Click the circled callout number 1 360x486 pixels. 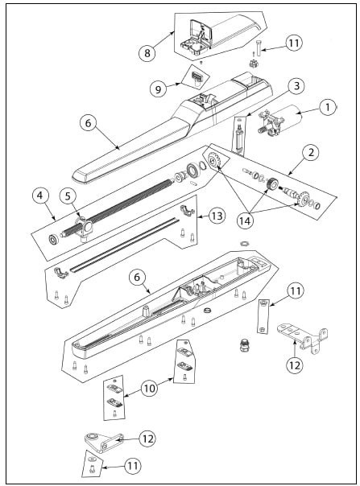tap(327, 107)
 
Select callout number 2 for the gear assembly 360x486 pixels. tap(311, 153)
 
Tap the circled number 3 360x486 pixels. tap(296, 86)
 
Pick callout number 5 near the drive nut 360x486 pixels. tap(68, 197)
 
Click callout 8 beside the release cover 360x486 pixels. tap(147, 53)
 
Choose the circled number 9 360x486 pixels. tap(159, 89)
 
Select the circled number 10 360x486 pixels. tap(150, 388)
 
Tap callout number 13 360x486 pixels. tap(217, 215)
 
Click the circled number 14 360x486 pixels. tap(245, 220)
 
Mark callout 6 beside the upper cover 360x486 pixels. tap(89, 123)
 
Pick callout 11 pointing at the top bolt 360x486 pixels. tap(294, 43)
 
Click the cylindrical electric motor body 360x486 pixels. tap(287, 115)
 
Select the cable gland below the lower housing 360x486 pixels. tap(244, 345)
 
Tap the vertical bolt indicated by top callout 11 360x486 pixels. tap(259, 48)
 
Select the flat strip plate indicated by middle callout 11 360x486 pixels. tap(263, 316)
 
